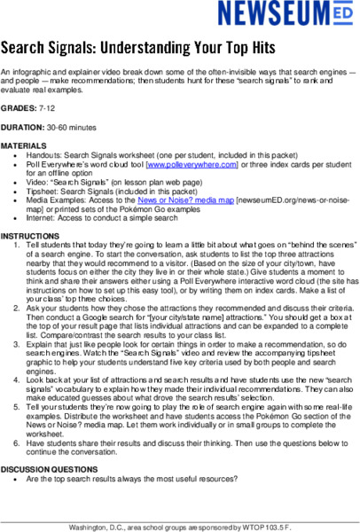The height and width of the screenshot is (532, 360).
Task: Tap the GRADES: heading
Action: click(19, 109)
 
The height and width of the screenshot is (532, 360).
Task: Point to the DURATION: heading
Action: click(24, 127)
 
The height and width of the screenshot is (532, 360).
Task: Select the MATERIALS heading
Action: click(24, 145)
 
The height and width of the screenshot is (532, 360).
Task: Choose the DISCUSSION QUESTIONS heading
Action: click(46, 468)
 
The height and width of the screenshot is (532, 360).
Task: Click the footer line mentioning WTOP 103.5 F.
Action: click(179, 525)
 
